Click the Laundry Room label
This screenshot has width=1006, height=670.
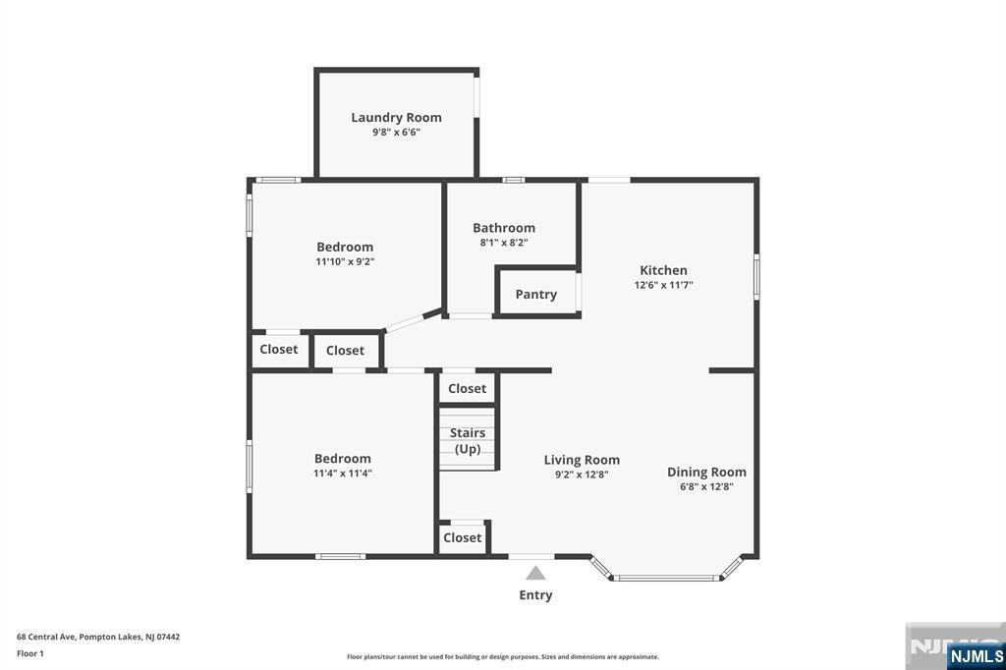click(396, 118)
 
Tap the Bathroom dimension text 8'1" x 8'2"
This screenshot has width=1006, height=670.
click(504, 243)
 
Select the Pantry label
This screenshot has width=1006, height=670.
click(535, 295)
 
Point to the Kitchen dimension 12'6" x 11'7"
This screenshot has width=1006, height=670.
click(663, 285)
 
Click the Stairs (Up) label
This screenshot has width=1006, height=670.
click(467, 441)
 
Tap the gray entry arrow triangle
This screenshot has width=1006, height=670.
click(535, 573)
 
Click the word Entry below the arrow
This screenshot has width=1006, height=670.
click(535, 595)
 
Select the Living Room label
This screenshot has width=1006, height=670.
click(582, 460)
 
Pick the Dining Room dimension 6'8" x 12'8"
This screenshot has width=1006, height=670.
click(706, 486)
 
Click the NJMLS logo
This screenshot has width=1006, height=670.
click(976, 656)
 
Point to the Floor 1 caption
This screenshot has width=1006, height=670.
click(30, 653)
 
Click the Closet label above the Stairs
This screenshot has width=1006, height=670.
click(467, 388)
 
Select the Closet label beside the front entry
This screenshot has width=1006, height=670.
click(462, 537)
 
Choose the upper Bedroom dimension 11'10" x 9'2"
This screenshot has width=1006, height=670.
click(345, 262)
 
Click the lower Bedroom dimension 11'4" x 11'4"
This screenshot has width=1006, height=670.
click(343, 474)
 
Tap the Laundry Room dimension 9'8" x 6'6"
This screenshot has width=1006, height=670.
click(396, 133)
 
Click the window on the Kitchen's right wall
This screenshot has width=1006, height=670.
click(756, 277)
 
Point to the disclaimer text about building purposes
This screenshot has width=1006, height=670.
click(502, 656)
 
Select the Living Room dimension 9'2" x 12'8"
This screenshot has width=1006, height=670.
click(582, 475)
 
